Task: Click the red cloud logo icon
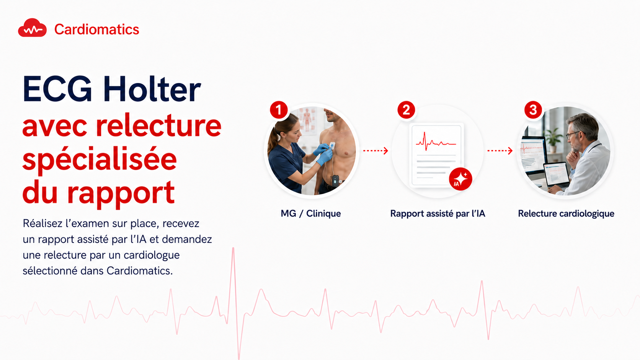click(x=32, y=28)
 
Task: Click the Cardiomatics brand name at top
click(x=96, y=29)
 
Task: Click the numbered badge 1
click(x=279, y=110)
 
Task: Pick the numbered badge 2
click(x=406, y=110)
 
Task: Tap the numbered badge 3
click(x=533, y=110)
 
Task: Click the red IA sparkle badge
click(x=460, y=179)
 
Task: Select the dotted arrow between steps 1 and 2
click(x=376, y=150)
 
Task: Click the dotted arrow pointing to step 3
click(x=500, y=150)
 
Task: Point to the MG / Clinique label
click(x=311, y=213)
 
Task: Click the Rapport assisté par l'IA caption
click(x=438, y=213)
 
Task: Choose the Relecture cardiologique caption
click(x=566, y=214)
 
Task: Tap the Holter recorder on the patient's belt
click(x=335, y=181)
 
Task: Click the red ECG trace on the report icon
click(x=436, y=141)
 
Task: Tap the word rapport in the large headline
click(x=121, y=193)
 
